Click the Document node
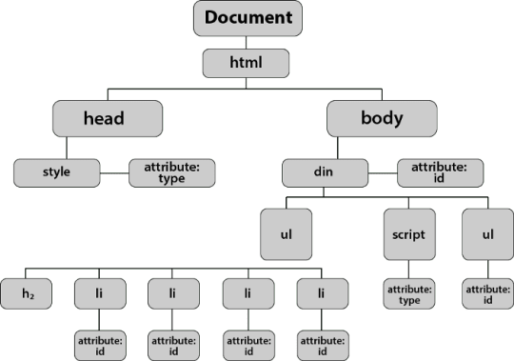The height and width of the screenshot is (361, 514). [247, 18]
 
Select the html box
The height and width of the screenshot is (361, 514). [246, 63]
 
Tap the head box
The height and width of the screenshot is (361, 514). [108, 118]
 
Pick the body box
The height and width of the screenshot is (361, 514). [382, 118]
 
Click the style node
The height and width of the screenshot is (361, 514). [57, 173]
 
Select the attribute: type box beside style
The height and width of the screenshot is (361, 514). [172, 173]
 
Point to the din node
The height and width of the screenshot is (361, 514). [325, 173]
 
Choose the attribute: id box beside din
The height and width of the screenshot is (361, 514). [441, 173]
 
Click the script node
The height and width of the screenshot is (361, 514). [409, 234]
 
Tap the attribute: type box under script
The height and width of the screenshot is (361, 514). [409, 293]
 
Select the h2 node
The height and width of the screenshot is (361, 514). [27, 293]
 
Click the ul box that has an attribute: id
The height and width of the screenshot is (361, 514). [487, 234]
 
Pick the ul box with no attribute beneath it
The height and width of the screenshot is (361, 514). [287, 234]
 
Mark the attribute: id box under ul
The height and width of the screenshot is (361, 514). [487, 293]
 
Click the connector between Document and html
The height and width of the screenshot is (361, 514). [246, 43]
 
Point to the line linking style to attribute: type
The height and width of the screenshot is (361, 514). [114, 173]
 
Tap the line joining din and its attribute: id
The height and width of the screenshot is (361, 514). [383, 173]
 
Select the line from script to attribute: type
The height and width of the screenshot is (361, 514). [408, 270]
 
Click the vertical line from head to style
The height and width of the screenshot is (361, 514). [67, 148]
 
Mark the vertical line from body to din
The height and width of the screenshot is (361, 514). [338, 148]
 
